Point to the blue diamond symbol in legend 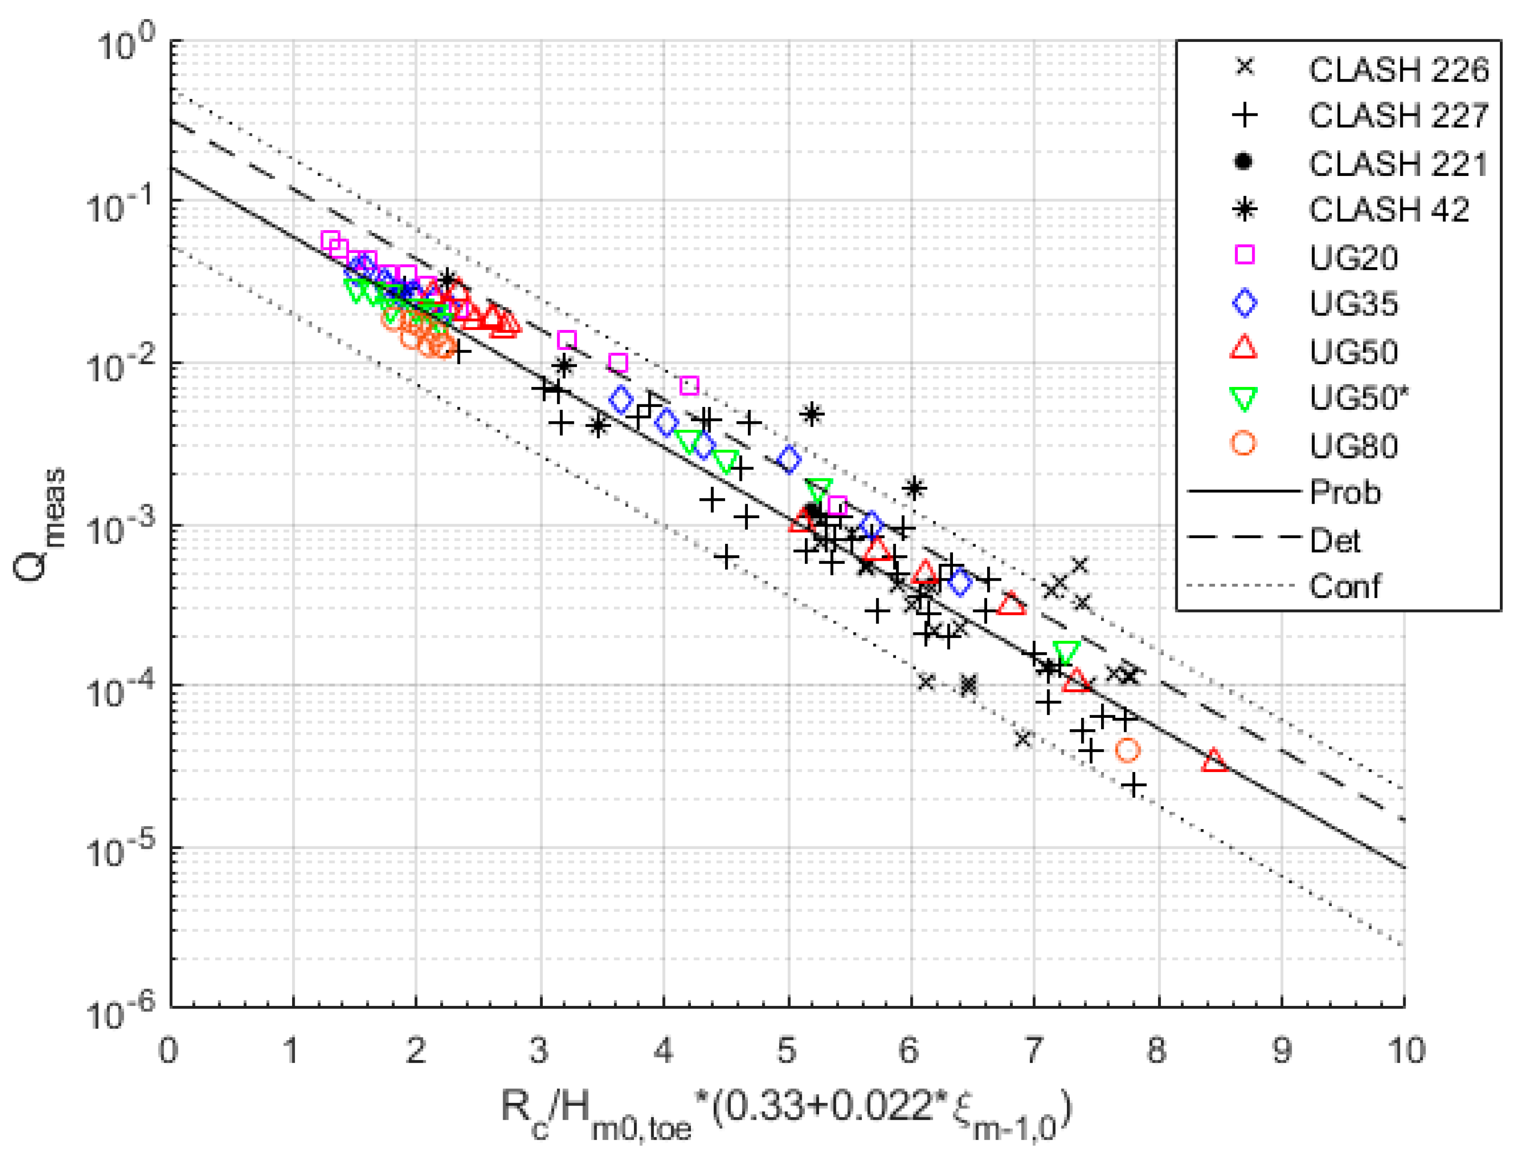tap(1244, 303)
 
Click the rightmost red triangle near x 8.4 tap(1214, 760)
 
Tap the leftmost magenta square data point tap(330, 241)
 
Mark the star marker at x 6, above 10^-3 tap(914, 489)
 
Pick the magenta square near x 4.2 tap(689, 386)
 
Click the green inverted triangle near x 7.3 tap(1066, 652)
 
